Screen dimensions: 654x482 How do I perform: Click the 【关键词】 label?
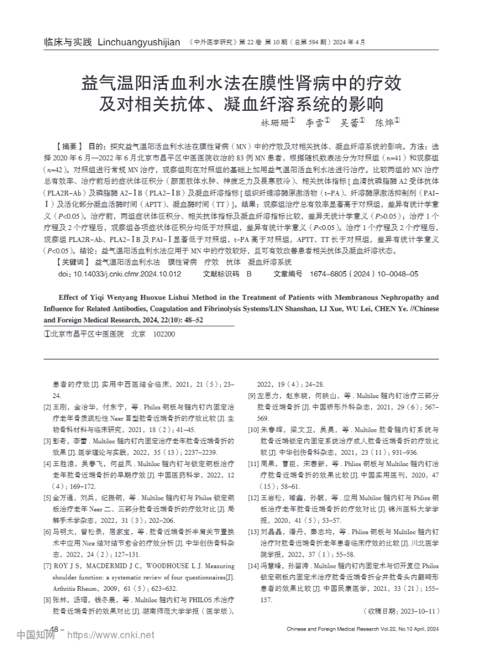click(70, 263)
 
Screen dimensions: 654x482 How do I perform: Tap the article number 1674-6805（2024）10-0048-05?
click(364, 274)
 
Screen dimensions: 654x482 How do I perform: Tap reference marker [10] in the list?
click(253, 430)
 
